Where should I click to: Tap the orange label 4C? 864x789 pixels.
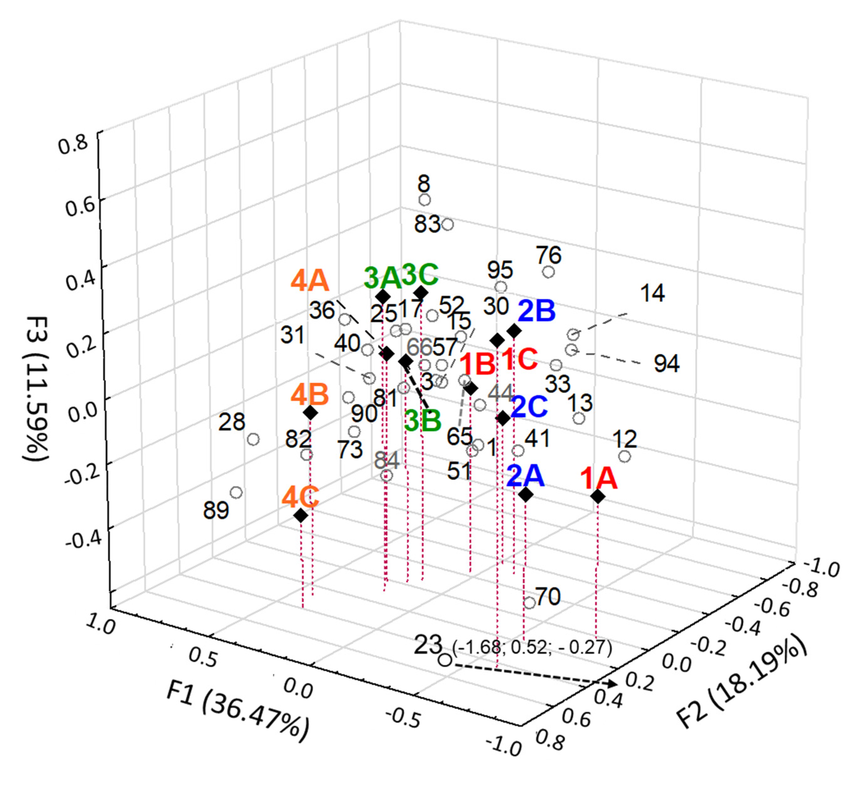point(300,497)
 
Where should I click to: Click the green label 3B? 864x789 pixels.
point(423,420)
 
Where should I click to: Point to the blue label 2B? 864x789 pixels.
point(536,311)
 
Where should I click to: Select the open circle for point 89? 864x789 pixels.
point(236,492)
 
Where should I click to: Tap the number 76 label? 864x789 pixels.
point(549,255)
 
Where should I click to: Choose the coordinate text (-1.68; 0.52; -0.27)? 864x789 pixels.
point(532,647)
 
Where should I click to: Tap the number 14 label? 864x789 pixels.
point(652,293)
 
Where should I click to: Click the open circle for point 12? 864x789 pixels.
point(625,456)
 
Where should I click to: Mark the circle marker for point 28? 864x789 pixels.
point(254,439)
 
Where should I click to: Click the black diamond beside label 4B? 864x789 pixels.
point(310,413)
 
